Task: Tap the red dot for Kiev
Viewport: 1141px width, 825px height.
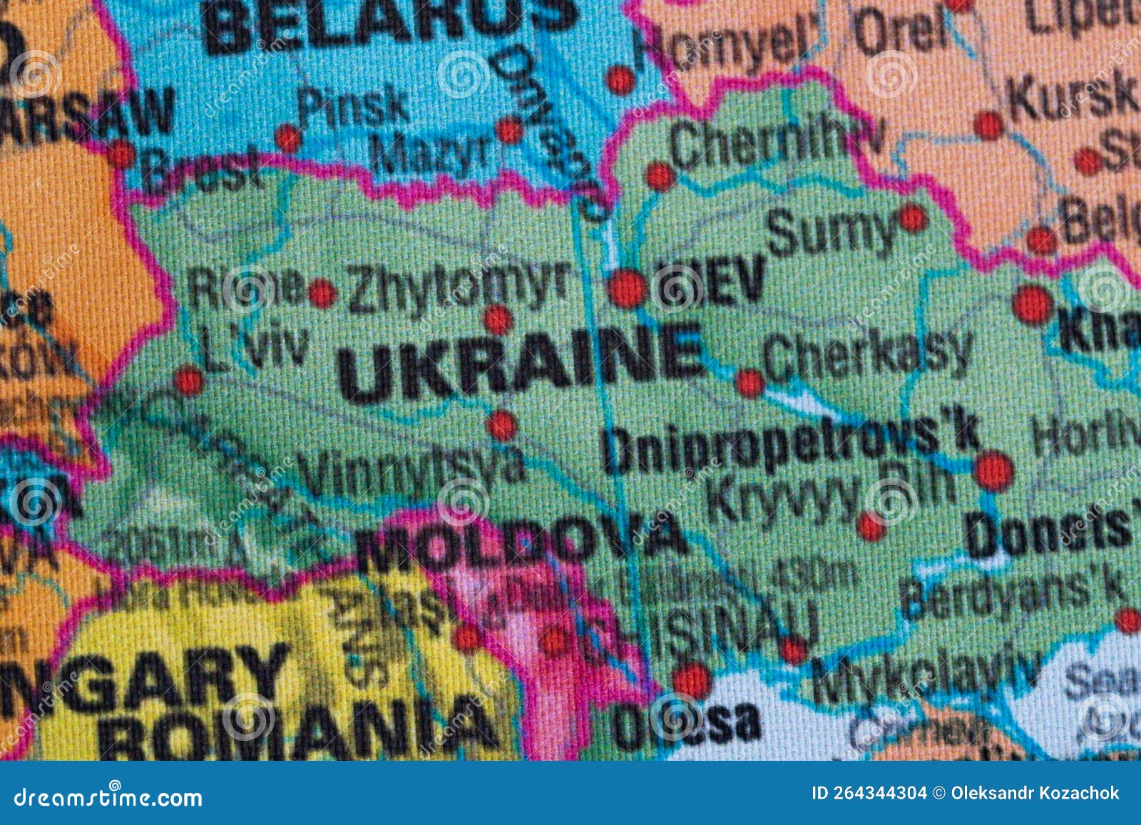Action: tap(628, 289)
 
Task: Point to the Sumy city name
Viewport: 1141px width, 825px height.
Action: tap(831, 232)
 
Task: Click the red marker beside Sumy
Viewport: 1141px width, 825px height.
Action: tap(913, 217)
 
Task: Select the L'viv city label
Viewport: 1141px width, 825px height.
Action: tap(253, 347)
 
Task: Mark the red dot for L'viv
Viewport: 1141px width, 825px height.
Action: tap(189, 381)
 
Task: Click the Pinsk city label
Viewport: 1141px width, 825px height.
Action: tap(353, 107)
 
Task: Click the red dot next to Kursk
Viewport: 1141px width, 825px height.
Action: tap(988, 125)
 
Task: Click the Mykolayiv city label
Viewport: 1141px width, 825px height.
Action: tap(923, 674)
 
